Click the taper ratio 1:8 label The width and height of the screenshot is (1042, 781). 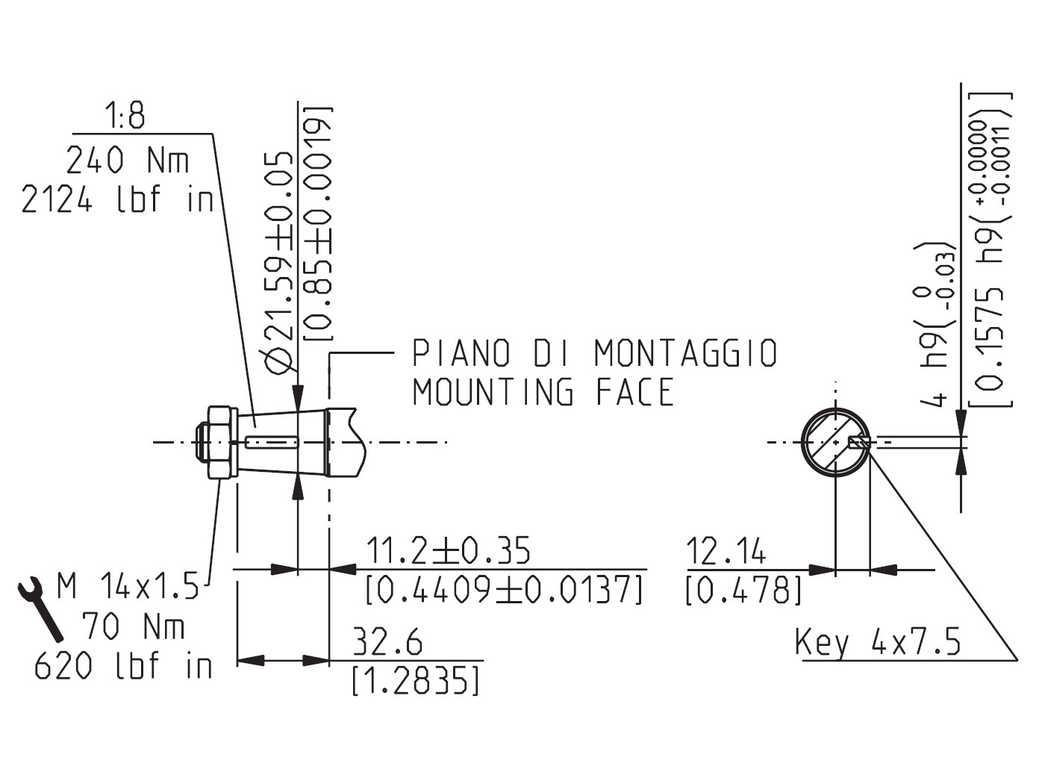[x=125, y=117]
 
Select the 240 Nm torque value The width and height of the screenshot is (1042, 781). [x=128, y=160]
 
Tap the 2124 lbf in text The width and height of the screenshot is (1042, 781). [x=117, y=200]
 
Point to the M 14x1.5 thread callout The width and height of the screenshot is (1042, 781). [x=128, y=587]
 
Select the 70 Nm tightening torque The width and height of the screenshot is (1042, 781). [x=133, y=626]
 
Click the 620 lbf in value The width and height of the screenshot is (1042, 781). [x=123, y=666]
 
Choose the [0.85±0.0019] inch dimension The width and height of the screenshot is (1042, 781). [x=319, y=224]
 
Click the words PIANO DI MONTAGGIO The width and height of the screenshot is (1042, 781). [x=595, y=353]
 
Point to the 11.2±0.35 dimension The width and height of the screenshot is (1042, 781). [x=449, y=551]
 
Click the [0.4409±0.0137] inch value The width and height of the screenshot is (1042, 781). [x=505, y=590]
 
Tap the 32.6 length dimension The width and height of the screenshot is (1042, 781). [x=387, y=642]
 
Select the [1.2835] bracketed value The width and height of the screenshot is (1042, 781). [x=416, y=680]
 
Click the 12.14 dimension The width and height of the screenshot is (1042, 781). [x=726, y=552]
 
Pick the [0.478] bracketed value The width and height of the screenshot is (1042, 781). [x=743, y=590]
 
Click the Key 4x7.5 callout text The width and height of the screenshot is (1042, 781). [x=878, y=642]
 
